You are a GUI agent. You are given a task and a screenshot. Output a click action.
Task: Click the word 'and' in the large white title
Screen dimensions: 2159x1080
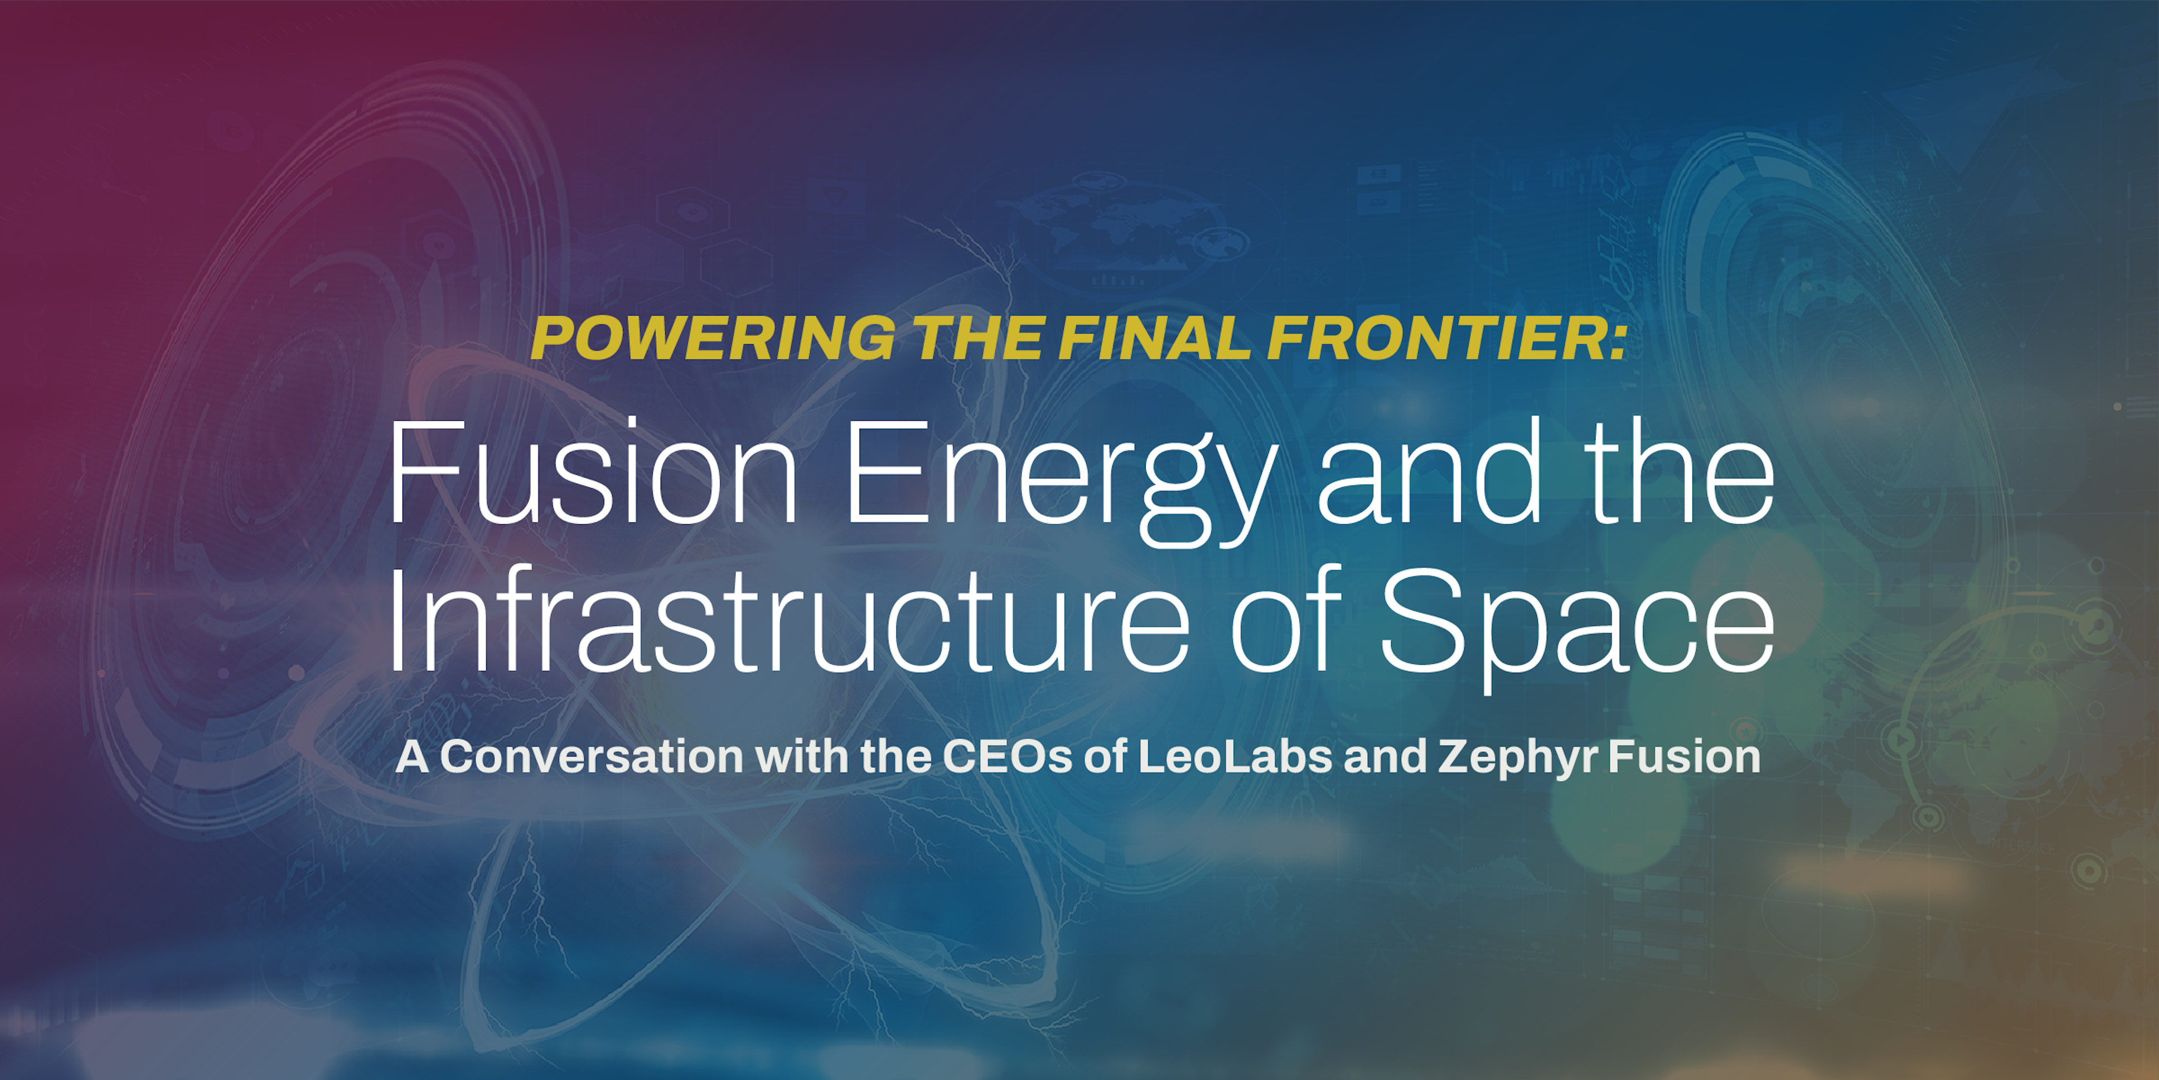click(1429, 471)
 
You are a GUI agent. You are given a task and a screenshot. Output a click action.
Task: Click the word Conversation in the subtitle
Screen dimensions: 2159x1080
click(591, 757)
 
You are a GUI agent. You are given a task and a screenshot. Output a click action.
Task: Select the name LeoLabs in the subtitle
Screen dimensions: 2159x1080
click(1235, 757)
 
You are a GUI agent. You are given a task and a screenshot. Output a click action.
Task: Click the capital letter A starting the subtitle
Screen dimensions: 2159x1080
click(412, 757)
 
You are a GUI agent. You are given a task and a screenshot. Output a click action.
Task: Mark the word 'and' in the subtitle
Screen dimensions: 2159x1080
click(1385, 757)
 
